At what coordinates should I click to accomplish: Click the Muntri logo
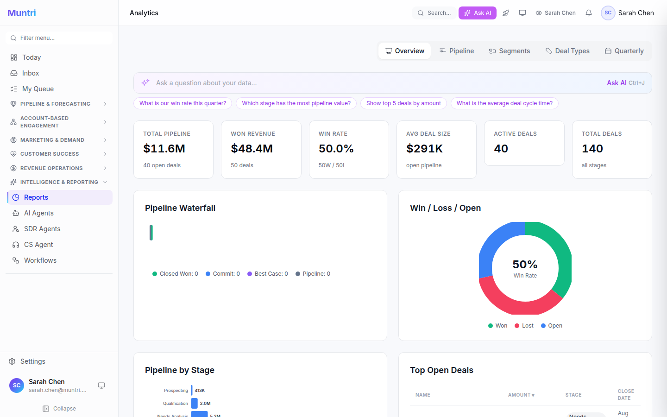click(x=22, y=13)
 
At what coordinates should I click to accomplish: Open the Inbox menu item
click(x=31, y=73)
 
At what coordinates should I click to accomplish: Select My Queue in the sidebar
click(x=38, y=89)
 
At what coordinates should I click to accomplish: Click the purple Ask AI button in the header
click(x=477, y=13)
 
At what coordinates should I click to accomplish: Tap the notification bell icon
click(x=588, y=13)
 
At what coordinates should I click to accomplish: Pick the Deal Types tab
click(x=567, y=51)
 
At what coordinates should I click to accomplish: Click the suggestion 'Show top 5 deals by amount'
click(x=403, y=103)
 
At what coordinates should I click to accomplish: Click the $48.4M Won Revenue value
click(x=252, y=149)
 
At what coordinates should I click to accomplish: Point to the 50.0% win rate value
click(x=336, y=149)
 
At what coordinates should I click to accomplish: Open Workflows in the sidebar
click(x=40, y=260)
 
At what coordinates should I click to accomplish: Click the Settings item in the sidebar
click(x=32, y=361)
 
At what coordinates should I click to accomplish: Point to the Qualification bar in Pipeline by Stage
click(x=195, y=404)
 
